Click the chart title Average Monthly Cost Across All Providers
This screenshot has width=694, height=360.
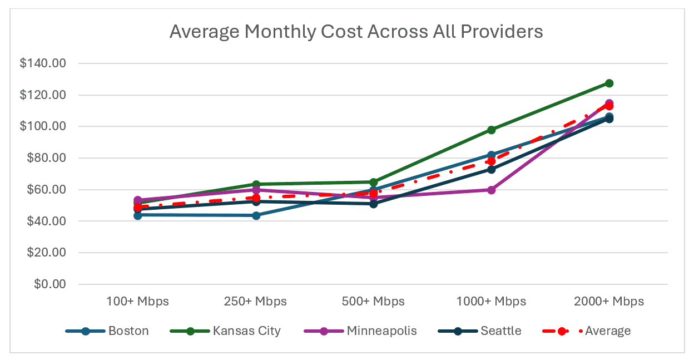tap(356, 32)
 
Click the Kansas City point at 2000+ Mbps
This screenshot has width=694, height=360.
tap(609, 83)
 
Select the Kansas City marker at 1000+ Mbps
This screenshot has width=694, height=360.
tap(491, 130)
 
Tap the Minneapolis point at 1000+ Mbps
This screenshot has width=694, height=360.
tap(491, 190)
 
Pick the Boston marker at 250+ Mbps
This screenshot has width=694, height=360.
tap(256, 215)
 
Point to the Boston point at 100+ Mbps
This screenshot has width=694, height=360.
tap(138, 215)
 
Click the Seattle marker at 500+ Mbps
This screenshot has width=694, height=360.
tap(374, 204)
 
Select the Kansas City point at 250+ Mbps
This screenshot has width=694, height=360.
tap(256, 184)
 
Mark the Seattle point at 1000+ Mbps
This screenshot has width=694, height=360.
tap(491, 169)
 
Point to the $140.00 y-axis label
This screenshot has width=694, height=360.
tap(42, 63)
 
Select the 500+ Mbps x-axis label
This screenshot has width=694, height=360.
tap(374, 302)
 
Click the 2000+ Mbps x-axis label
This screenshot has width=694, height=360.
tap(609, 302)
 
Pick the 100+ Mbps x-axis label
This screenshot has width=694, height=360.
tap(138, 302)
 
